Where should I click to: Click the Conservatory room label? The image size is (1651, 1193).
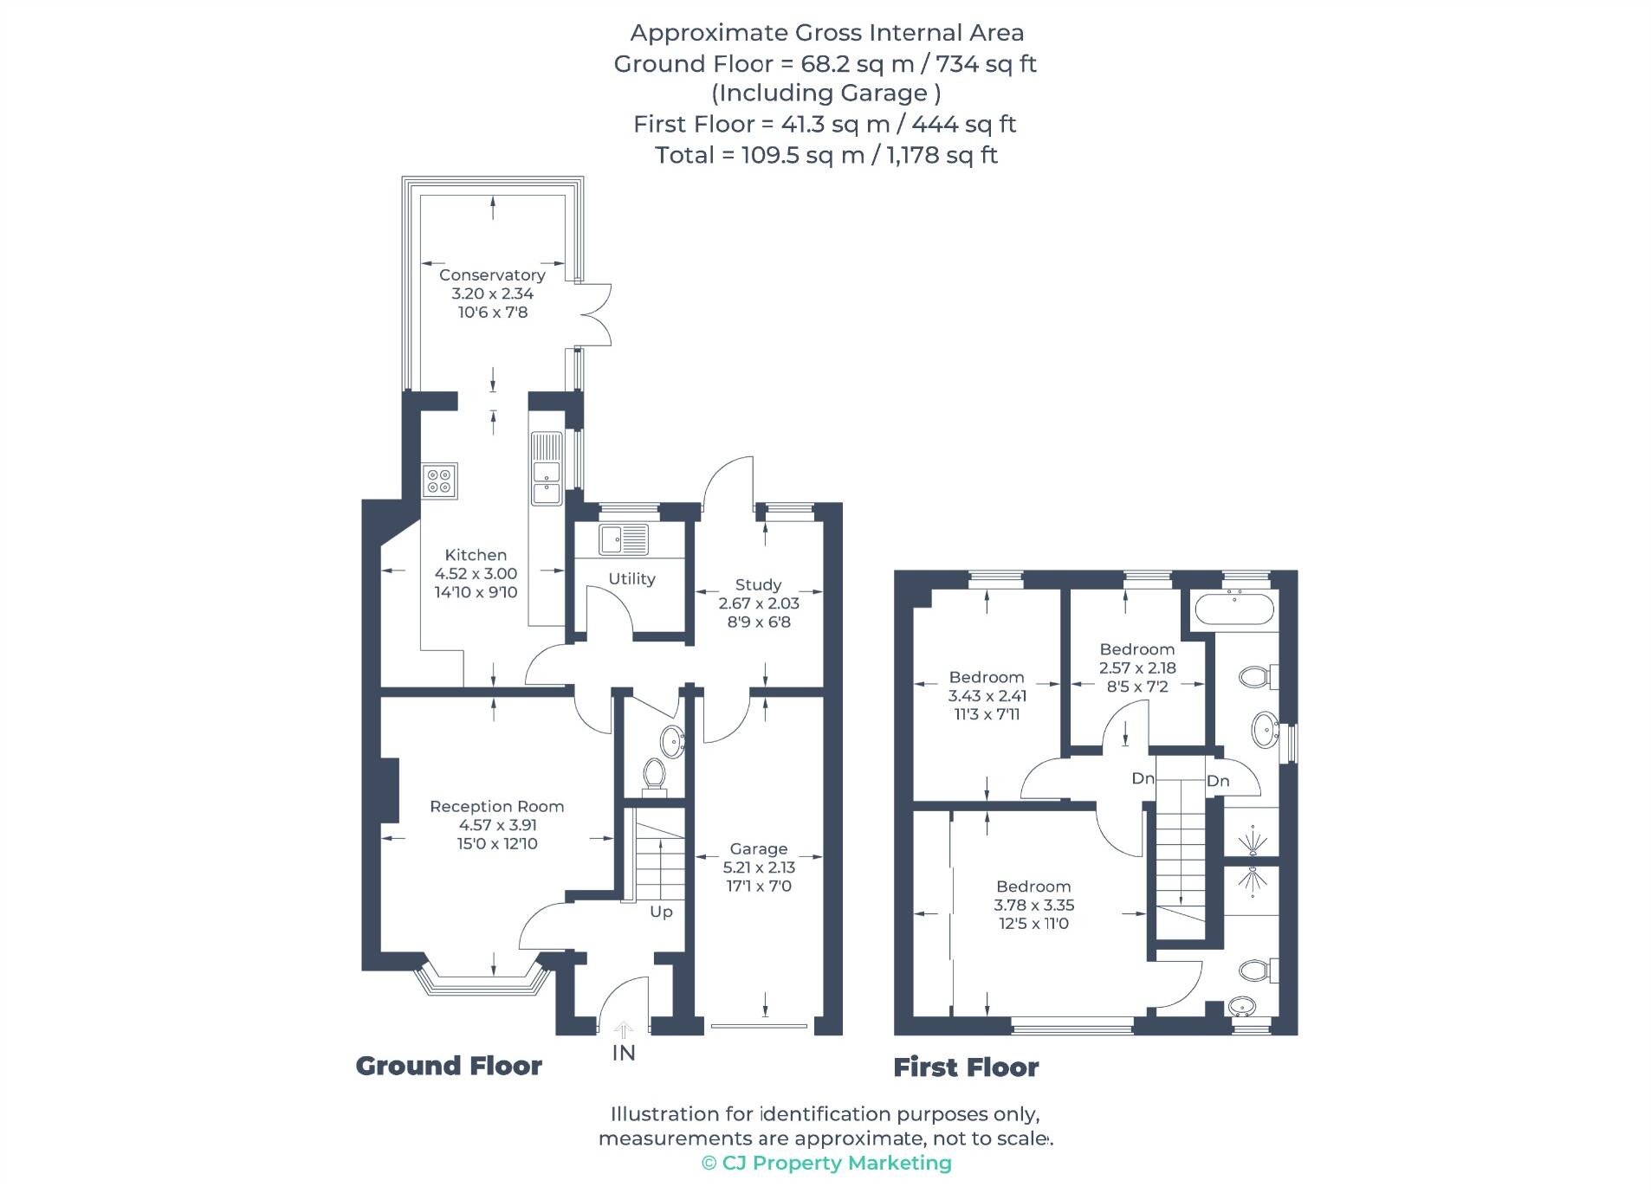[491, 275]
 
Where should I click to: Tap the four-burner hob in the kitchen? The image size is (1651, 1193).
[440, 480]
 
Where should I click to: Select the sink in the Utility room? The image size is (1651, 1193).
[623, 539]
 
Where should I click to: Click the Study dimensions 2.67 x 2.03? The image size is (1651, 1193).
[758, 603]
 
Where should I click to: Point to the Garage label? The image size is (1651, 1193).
[758, 848]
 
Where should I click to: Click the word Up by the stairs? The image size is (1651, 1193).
[661, 912]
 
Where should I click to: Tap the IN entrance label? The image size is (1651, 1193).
[624, 1053]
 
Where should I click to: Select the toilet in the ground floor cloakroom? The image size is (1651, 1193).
[655, 773]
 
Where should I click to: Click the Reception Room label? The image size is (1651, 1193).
[496, 806]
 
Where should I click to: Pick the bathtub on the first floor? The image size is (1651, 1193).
[1233, 609]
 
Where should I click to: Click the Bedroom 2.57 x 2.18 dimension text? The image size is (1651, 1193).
[1136, 667]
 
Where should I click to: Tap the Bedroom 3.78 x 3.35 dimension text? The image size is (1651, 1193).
[1033, 905]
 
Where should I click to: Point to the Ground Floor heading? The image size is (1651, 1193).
[449, 1066]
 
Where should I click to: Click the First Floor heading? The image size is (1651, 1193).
[966, 1067]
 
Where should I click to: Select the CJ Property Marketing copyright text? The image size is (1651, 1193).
[826, 1163]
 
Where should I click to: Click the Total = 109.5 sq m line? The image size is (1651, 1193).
[825, 155]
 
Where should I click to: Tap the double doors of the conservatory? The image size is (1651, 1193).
[596, 314]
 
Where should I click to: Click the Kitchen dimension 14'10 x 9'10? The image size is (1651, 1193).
[476, 592]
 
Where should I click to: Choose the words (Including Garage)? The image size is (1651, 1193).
[825, 93]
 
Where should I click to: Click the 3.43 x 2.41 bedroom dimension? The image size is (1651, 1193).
[987, 695]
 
